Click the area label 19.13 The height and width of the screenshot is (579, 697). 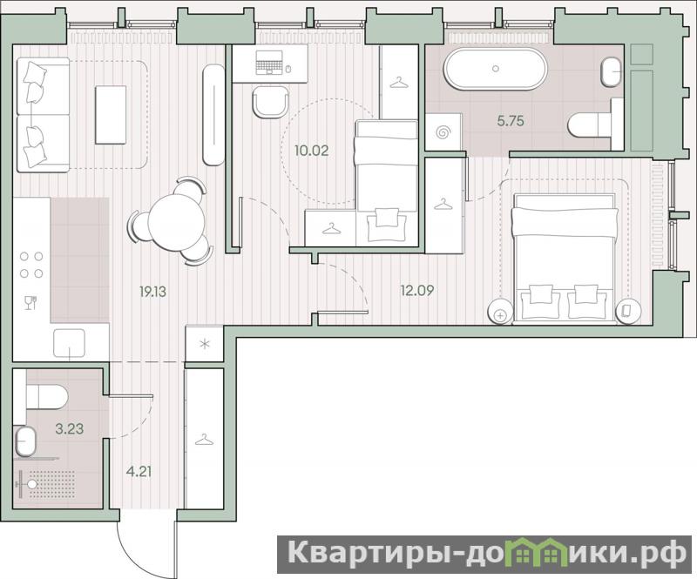tap(152, 292)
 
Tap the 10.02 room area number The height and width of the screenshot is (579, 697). tap(312, 151)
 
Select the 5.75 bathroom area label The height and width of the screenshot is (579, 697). tap(511, 121)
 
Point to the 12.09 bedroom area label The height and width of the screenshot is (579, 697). tap(417, 291)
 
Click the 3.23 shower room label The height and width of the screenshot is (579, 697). tap(70, 429)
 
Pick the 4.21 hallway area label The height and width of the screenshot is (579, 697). tap(139, 471)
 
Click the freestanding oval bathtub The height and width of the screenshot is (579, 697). tap(496, 69)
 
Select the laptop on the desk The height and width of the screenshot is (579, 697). tap(269, 62)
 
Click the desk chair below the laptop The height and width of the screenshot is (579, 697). tap(270, 102)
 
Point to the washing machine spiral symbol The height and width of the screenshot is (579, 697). tap(443, 132)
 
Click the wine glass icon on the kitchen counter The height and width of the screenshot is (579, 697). tap(30, 303)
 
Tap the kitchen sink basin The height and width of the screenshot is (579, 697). tap(69, 342)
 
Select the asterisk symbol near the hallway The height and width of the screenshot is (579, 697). tap(205, 344)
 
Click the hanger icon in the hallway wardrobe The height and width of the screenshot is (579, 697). tap(204, 440)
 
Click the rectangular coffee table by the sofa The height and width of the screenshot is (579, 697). tap(111, 115)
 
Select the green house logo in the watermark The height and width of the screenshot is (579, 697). tap(538, 552)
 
